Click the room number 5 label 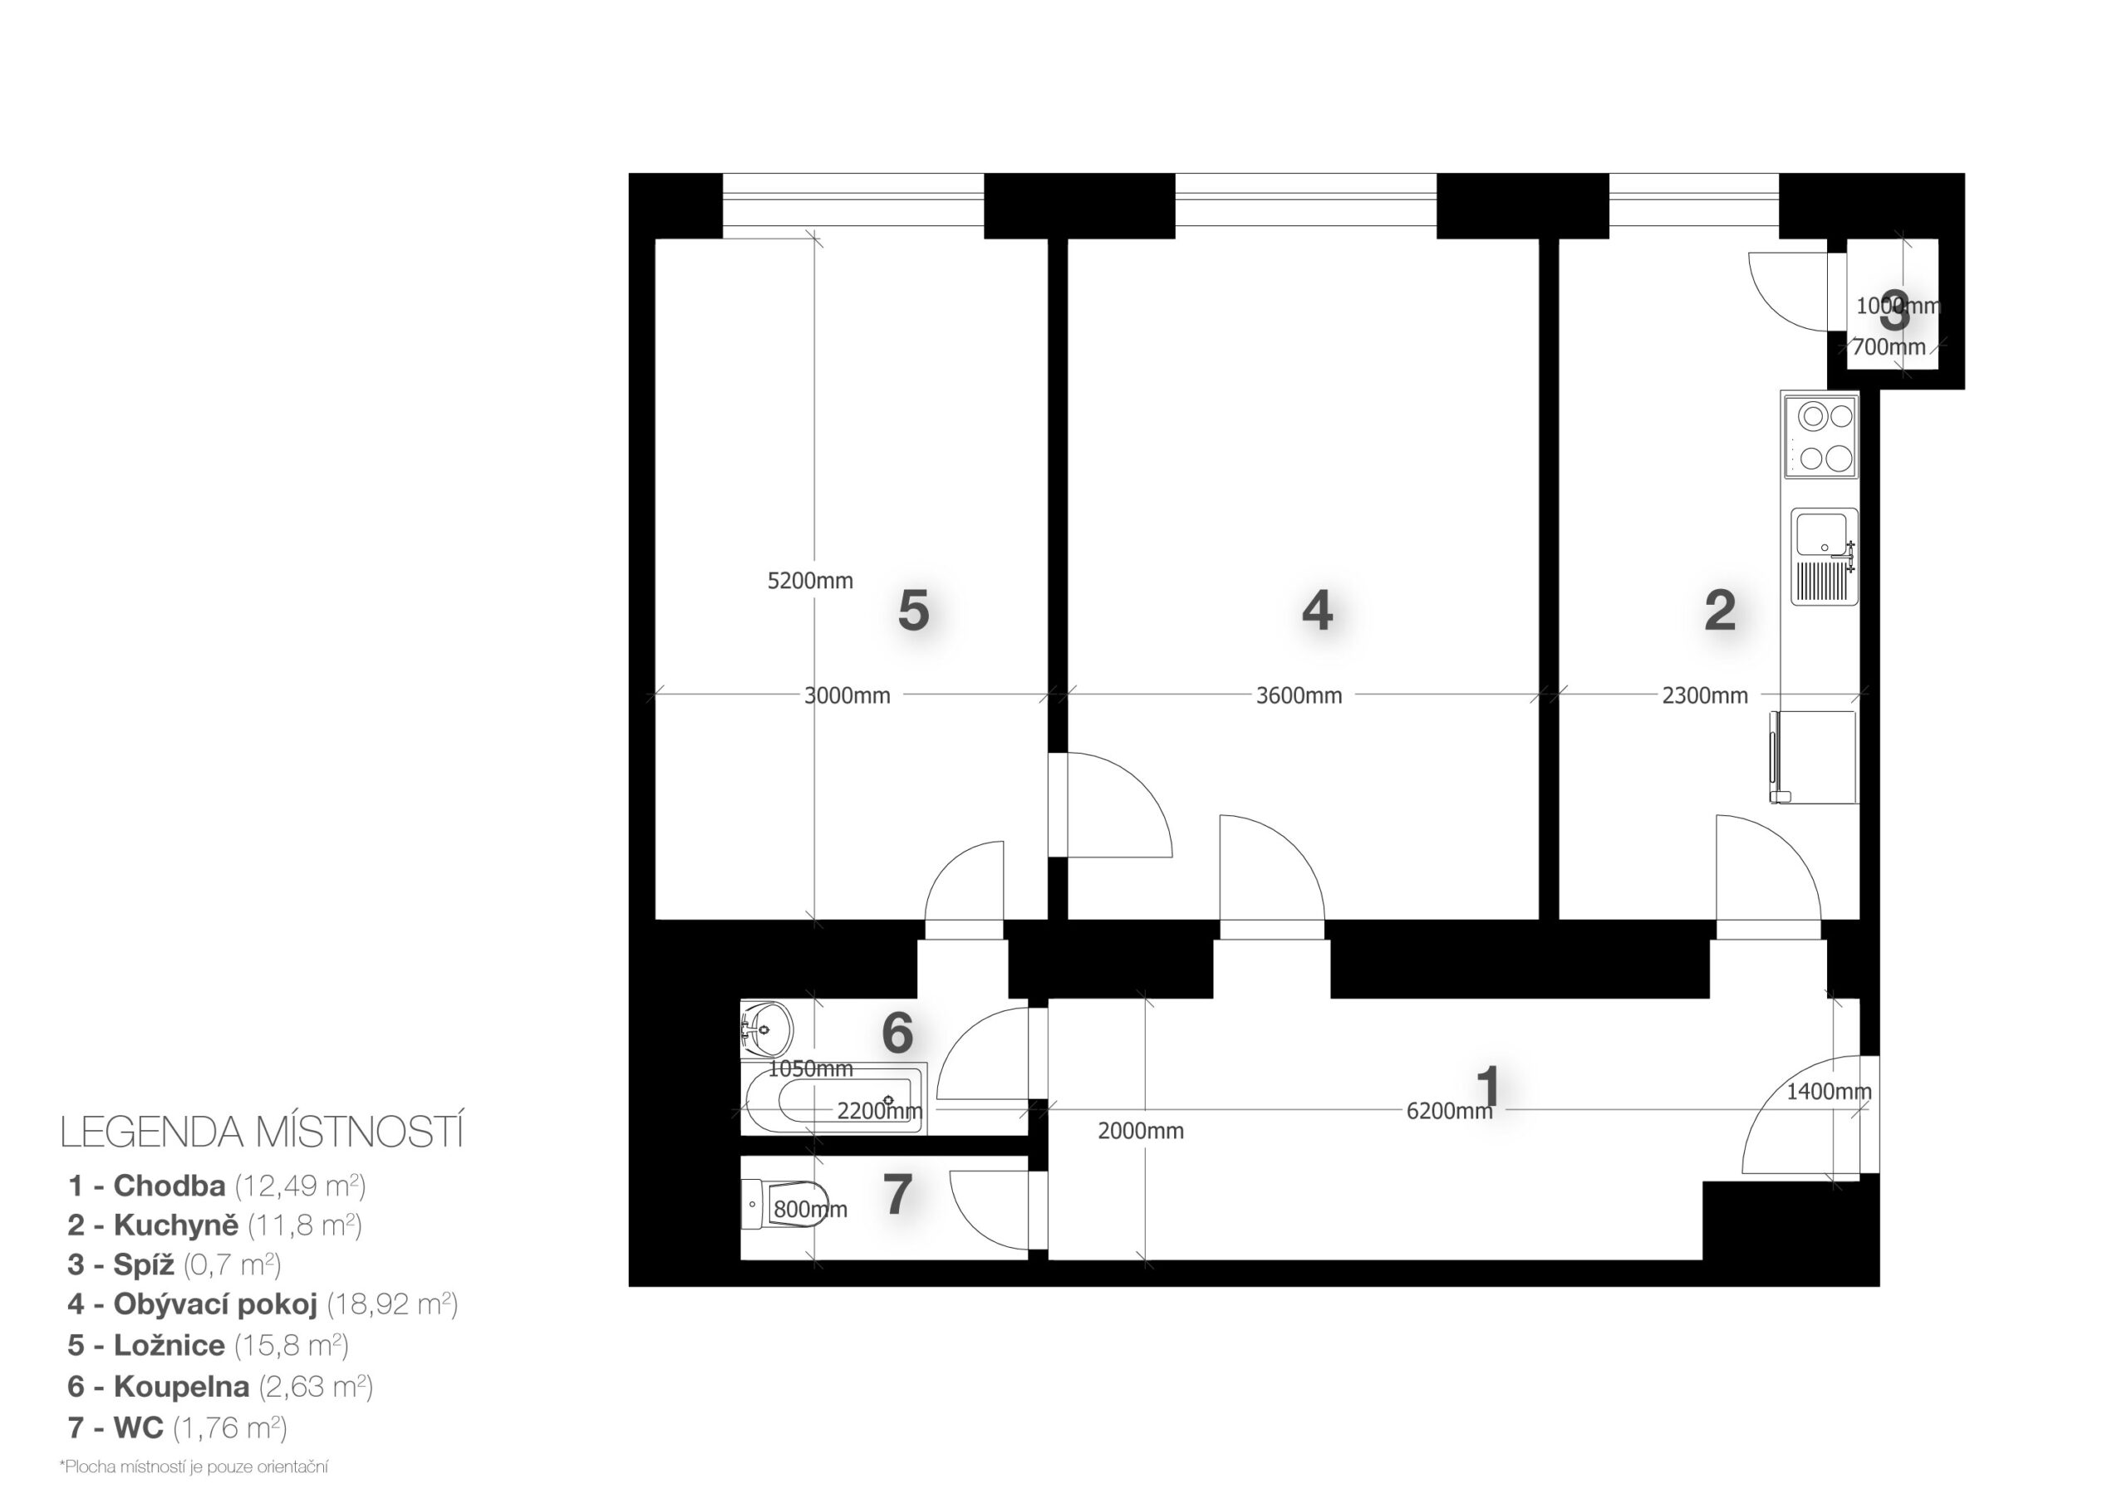913,612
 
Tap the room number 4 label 1318,612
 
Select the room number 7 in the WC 896,1195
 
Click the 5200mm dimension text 811,581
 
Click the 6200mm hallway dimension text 1450,1111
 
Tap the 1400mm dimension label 1829,1092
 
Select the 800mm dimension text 811,1209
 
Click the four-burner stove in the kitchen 1820,435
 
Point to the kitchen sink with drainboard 1824,556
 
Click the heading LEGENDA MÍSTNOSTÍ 261,1132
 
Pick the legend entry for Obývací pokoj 263,1304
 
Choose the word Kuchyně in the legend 176,1225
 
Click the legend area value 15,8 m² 292,1345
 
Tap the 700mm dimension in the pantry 1889,347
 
